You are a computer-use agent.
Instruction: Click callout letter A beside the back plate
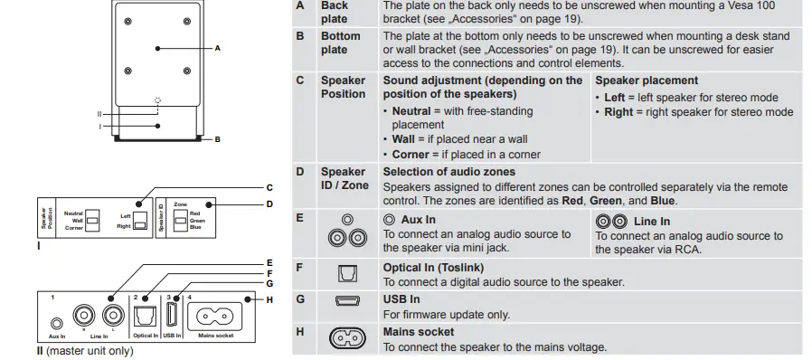click(x=218, y=47)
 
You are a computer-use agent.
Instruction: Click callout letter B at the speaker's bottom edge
click(x=218, y=139)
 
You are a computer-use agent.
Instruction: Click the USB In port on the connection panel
click(x=173, y=316)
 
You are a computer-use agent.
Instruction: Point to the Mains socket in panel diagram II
click(x=216, y=317)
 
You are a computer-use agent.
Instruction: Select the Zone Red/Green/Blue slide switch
click(x=181, y=220)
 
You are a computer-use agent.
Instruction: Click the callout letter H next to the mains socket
click(x=269, y=299)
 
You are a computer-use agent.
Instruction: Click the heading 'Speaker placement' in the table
click(x=646, y=81)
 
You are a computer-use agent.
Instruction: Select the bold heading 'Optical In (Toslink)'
click(x=433, y=268)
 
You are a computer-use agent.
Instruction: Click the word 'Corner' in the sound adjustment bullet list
click(x=411, y=155)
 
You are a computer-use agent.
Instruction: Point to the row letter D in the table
click(x=300, y=171)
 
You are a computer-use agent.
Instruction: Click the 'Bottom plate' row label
click(x=341, y=43)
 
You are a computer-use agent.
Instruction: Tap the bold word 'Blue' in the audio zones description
click(x=662, y=200)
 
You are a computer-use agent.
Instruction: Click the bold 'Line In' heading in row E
click(x=652, y=222)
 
